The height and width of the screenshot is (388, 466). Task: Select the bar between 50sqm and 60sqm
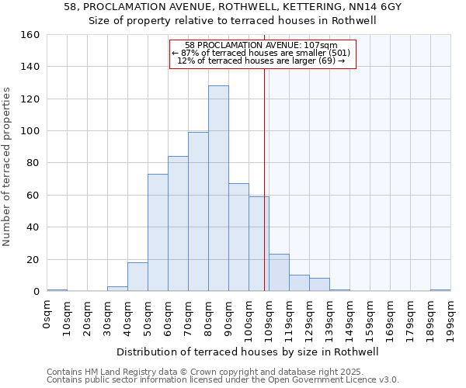coord(158,233)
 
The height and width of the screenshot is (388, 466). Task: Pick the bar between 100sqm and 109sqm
coord(259,244)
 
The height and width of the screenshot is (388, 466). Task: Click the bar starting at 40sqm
coord(137,277)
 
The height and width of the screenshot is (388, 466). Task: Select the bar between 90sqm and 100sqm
coord(238,237)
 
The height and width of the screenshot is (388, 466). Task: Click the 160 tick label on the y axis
coord(30,35)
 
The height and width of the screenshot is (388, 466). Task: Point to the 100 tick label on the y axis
coord(30,131)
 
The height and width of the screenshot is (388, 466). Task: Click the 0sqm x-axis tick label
coord(47,313)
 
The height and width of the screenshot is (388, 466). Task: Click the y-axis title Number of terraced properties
coord(8,167)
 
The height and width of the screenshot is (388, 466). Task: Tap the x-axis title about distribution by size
coord(252,352)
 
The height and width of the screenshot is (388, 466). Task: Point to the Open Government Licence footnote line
coord(223,380)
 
